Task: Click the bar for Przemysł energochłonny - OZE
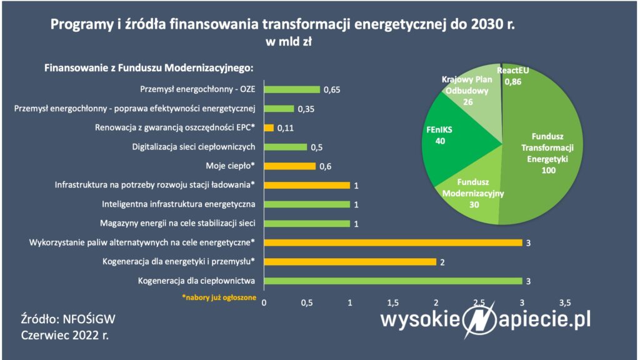[x=292, y=89]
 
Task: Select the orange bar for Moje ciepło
[x=290, y=166]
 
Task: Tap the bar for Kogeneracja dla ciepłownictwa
[x=393, y=281]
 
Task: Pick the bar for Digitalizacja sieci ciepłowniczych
[x=285, y=147]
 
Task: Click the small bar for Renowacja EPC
[x=269, y=127]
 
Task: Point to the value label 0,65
[x=332, y=90]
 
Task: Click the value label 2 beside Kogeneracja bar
[x=442, y=262]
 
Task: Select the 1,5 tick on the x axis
[x=392, y=303]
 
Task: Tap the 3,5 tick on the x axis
[x=565, y=303]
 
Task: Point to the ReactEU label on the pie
[x=512, y=71]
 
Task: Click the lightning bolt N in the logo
[x=479, y=320]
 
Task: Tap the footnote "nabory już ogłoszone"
[x=219, y=297]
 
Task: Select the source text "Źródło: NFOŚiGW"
[x=68, y=319]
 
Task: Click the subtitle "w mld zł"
[x=289, y=42]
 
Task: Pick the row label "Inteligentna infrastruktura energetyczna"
[x=178, y=204]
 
